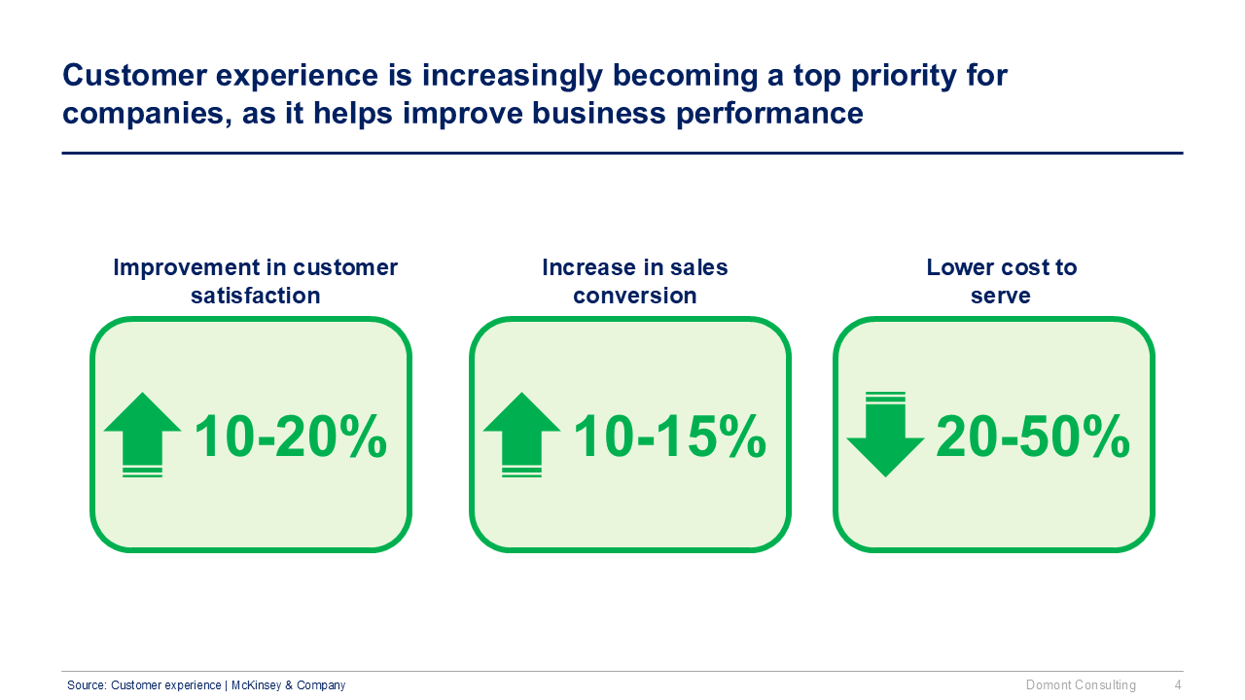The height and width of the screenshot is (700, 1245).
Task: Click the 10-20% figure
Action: click(290, 437)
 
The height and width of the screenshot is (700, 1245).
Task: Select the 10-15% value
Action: click(669, 437)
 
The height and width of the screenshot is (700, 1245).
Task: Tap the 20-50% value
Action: click(1032, 437)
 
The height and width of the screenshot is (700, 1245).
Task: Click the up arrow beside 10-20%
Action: click(142, 433)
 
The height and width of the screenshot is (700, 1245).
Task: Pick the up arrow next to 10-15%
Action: click(521, 433)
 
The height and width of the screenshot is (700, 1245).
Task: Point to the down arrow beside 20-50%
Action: click(885, 435)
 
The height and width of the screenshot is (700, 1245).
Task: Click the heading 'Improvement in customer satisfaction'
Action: click(255, 281)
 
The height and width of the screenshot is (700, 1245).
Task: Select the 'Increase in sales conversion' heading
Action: click(634, 281)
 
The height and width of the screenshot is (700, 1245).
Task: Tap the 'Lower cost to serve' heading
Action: click(1001, 281)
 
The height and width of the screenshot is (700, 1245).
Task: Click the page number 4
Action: click(1178, 685)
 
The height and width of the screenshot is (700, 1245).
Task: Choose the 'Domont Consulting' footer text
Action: click(1081, 685)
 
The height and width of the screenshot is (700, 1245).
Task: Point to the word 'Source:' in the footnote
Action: click(87, 685)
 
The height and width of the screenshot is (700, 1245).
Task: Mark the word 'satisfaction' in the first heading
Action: click(255, 296)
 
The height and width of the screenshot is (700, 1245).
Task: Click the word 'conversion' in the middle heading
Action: click(634, 296)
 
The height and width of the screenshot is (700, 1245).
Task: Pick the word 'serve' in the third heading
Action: click(1001, 296)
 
